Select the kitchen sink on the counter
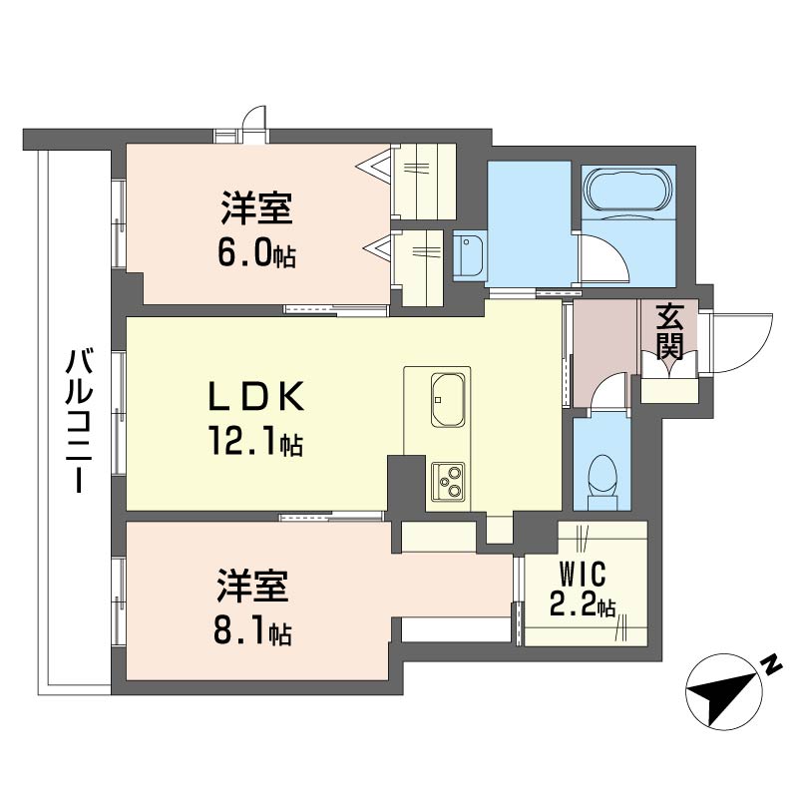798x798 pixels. [448, 400]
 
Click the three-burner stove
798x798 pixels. [448, 481]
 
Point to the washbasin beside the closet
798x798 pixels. [470, 256]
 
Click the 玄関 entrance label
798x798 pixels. [668, 331]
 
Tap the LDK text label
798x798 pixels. [256, 396]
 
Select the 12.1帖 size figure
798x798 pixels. [255, 442]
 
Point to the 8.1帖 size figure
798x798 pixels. [253, 632]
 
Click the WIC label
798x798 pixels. [583, 574]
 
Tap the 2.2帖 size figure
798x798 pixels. [583, 605]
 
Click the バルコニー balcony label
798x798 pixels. [80, 421]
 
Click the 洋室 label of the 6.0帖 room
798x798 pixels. [257, 207]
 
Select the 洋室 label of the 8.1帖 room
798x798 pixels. [253, 587]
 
